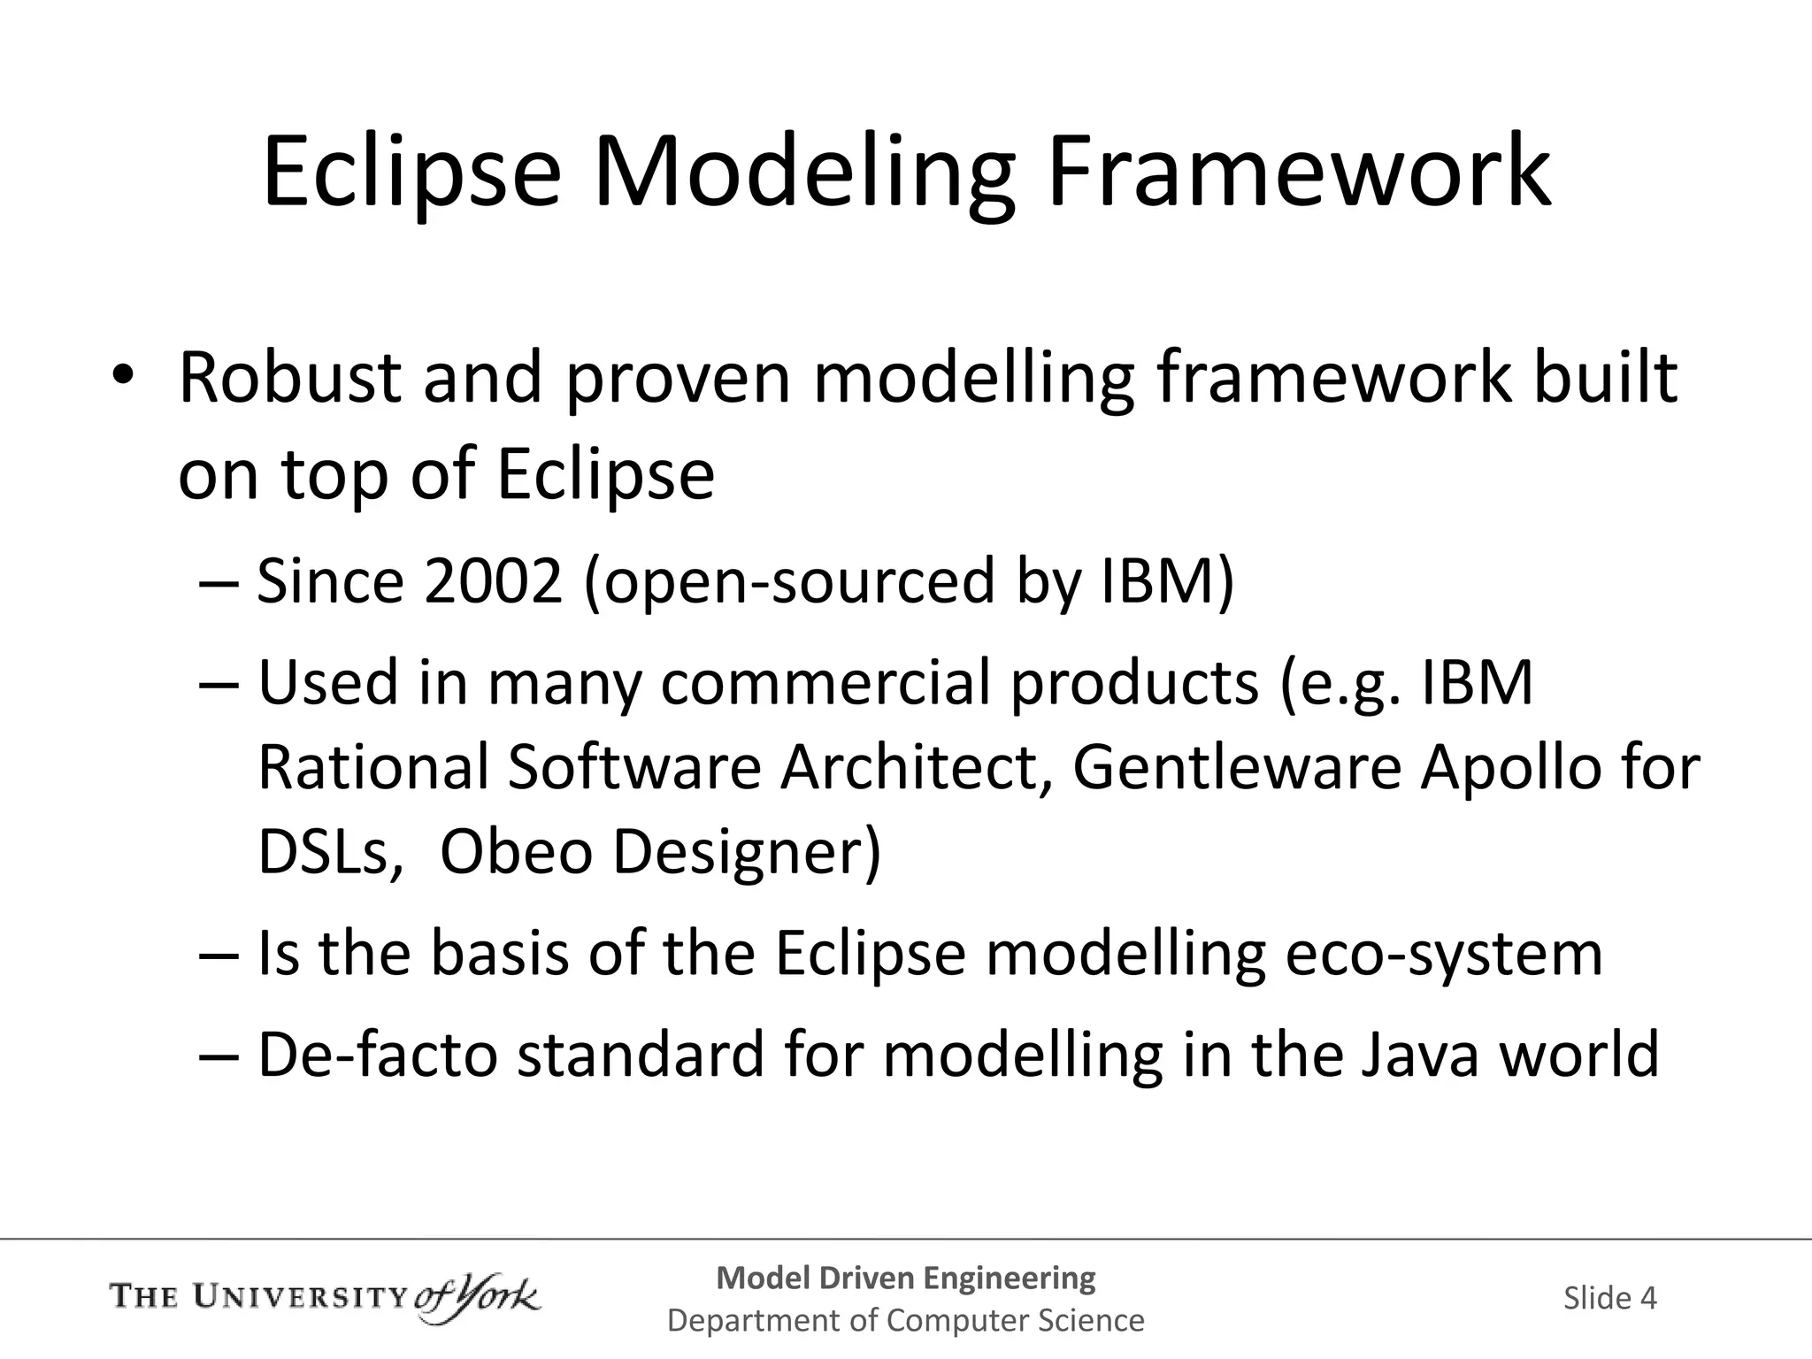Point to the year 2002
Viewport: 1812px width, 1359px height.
pos(493,581)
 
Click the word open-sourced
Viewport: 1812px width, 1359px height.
pos(790,581)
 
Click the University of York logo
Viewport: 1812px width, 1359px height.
pos(325,1298)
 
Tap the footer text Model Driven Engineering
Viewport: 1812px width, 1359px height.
pos(905,1278)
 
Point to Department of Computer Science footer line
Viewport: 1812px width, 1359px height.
pos(905,1321)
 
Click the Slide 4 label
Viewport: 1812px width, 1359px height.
pos(1609,1298)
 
